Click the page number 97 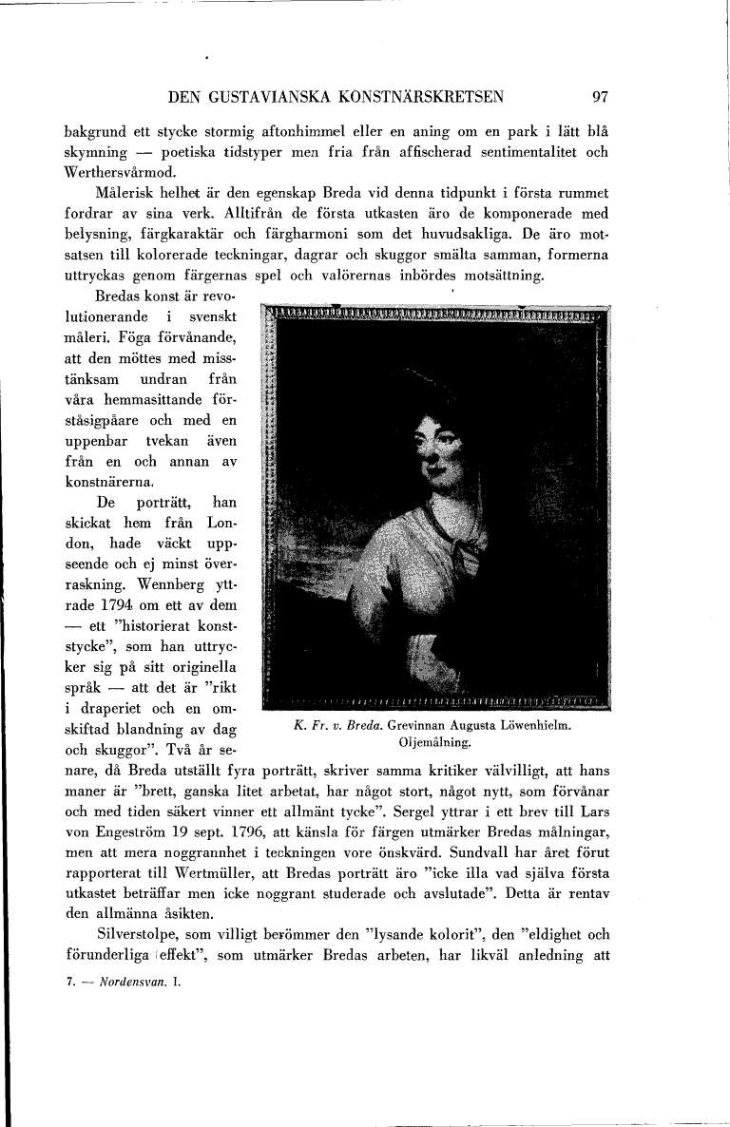point(599,96)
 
